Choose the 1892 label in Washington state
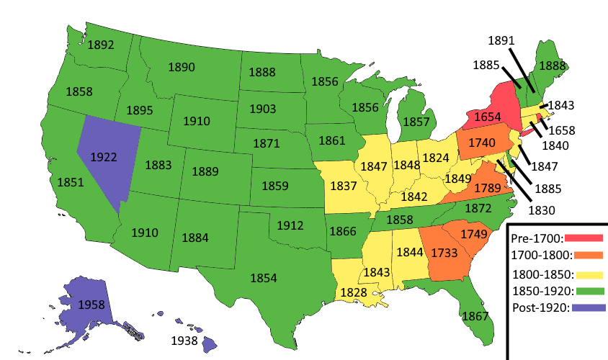click(100, 45)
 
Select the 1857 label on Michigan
click(416, 122)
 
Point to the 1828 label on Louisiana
click(353, 292)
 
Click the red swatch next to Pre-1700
click(584, 237)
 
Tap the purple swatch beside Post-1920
click(588, 307)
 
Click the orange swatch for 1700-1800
click(588, 254)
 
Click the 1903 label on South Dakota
click(263, 109)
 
